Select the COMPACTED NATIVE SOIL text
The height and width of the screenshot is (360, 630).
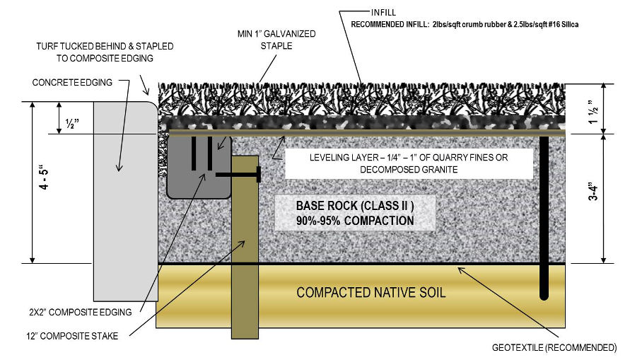click(x=371, y=292)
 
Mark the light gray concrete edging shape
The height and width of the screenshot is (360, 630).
click(x=124, y=198)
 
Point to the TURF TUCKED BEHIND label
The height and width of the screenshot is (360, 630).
click(x=105, y=52)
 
